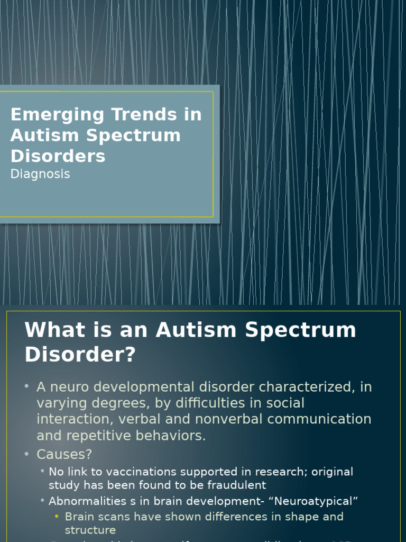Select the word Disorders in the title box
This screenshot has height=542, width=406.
point(58,156)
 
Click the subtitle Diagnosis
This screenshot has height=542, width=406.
point(40,174)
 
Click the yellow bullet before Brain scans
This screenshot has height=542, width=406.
point(57,517)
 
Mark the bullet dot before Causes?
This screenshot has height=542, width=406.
point(26,454)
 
